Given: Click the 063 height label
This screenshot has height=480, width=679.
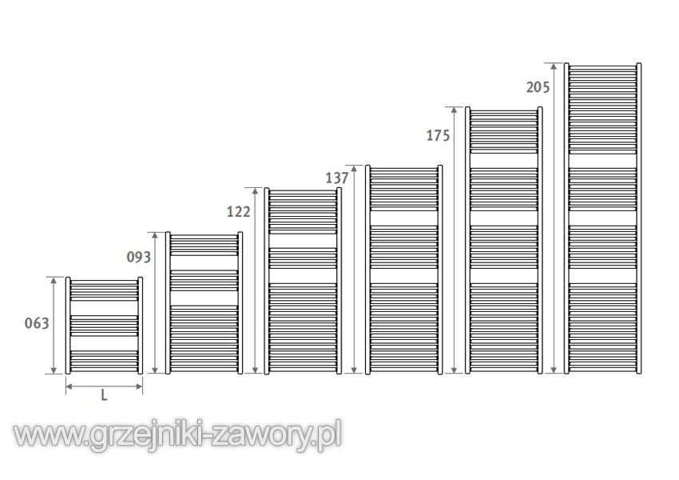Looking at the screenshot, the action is [37, 323].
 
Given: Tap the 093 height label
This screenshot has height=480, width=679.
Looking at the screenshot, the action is [138, 257].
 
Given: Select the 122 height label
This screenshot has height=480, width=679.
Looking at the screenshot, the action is [239, 212].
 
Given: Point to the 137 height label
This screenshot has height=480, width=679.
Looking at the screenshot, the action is [337, 178].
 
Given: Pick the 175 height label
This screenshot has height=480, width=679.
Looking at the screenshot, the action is [439, 136].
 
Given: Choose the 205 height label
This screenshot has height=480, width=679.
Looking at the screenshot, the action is [538, 87].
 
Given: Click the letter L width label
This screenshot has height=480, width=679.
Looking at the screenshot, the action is [104, 395].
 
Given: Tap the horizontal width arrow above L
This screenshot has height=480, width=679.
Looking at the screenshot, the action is [104, 386].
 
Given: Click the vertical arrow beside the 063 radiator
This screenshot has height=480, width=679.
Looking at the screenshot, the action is [54, 326].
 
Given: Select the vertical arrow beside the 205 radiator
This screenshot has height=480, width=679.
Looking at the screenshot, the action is [554, 218].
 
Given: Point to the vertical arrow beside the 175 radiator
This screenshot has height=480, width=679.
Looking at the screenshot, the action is [454, 240].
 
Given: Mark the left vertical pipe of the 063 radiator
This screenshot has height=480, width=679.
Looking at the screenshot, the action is [68, 326].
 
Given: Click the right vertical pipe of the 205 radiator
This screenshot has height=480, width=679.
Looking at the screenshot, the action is [639, 218].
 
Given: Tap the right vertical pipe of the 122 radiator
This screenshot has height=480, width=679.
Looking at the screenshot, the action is [339, 281].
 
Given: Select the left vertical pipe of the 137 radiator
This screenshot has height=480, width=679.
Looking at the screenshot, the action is [367, 270].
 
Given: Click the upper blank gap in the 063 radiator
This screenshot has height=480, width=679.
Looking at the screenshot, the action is [104, 308].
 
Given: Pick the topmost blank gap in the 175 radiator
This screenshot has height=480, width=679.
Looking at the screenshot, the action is [503, 161].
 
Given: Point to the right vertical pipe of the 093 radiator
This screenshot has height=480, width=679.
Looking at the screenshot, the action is [240, 303].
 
